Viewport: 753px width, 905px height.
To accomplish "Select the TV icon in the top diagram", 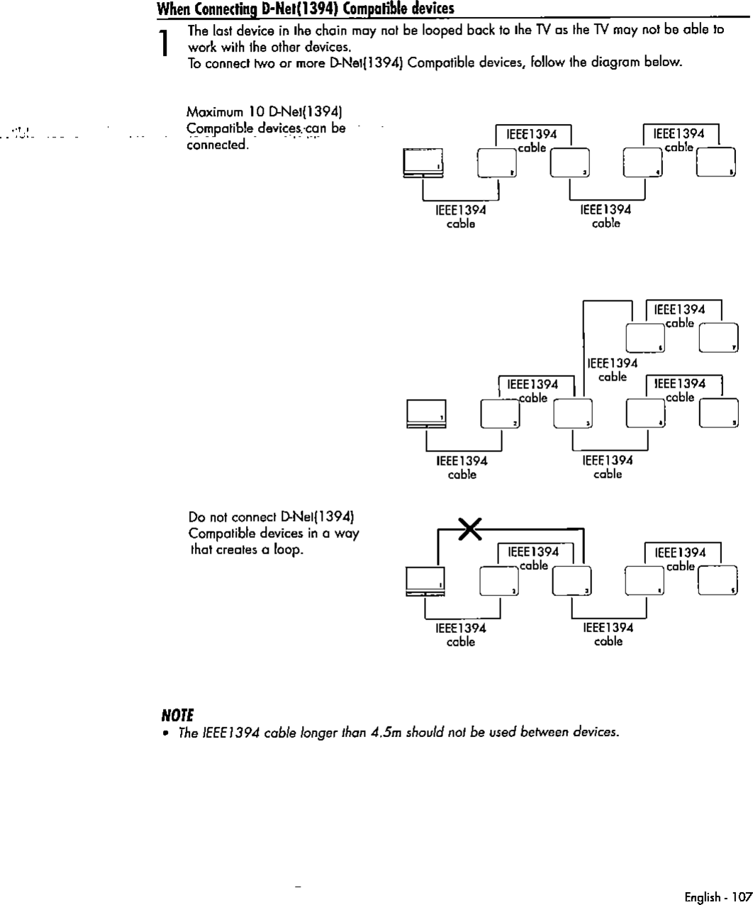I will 423,163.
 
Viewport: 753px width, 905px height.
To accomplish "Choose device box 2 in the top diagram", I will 497,162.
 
